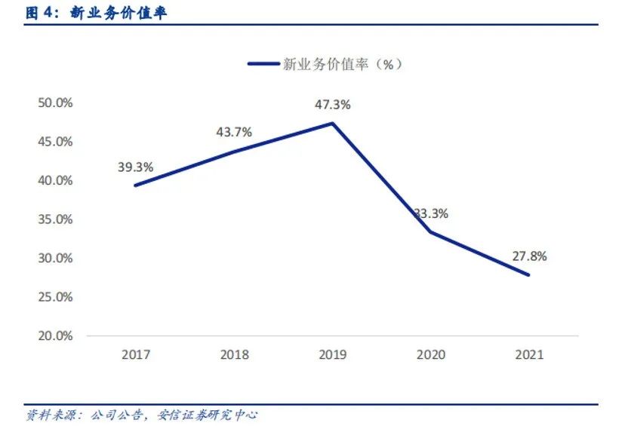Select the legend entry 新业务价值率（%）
(x=325, y=64)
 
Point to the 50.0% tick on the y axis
(x=55, y=103)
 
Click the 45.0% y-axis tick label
(x=55, y=142)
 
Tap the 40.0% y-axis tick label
(x=55, y=180)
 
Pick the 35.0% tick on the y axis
(x=55, y=219)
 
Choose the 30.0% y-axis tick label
(x=55, y=258)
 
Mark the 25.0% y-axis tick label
(x=55, y=297)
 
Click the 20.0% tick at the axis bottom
(x=55, y=336)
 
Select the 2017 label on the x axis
(x=135, y=355)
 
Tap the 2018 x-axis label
(x=234, y=355)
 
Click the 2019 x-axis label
(x=332, y=355)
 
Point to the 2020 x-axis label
(x=430, y=355)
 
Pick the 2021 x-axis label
(x=528, y=355)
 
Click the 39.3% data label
(x=135, y=167)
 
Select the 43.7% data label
(x=234, y=132)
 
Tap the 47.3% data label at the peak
(x=332, y=105)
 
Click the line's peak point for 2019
(x=332, y=123)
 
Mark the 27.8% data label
(x=529, y=256)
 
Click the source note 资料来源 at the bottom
(x=142, y=415)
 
